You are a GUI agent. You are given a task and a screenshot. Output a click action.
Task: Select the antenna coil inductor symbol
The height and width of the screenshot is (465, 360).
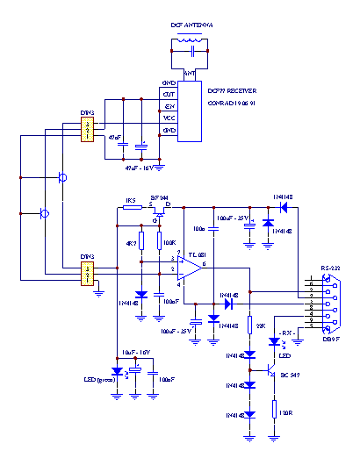click(x=191, y=39)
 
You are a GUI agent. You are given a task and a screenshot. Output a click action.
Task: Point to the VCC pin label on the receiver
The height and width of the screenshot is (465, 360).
click(x=169, y=117)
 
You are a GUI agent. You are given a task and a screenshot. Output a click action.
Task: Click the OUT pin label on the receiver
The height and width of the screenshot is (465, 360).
click(x=169, y=93)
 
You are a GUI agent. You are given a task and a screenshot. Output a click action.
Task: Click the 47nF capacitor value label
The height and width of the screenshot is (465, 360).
click(x=114, y=139)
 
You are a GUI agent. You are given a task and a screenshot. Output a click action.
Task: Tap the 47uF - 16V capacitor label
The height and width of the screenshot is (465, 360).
click(x=140, y=166)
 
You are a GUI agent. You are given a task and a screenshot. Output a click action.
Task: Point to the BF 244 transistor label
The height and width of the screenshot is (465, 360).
click(x=159, y=199)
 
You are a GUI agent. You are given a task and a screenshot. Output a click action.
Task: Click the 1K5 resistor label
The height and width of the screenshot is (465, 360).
click(x=132, y=200)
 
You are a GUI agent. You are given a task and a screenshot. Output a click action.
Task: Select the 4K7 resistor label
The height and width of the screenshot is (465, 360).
click(x=131, y=244)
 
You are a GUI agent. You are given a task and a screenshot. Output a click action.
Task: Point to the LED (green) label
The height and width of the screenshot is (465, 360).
click(x=98, y=381)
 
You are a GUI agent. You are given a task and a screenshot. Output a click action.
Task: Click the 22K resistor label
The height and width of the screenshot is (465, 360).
click(x=261, y=325)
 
